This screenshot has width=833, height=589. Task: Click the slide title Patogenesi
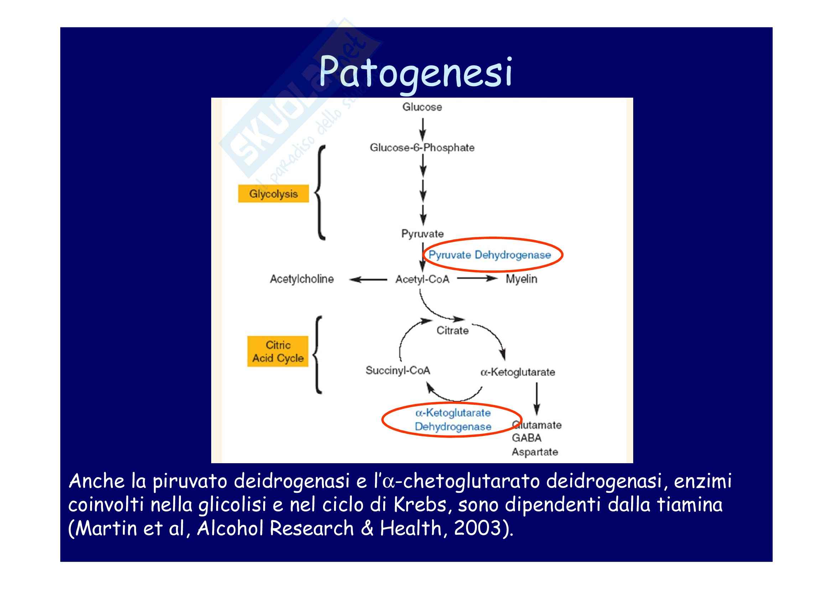click(x=415, y=73)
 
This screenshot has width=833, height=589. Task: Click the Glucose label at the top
click(x=422, y=107)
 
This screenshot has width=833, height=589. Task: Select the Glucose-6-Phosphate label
click(x=422, y=148)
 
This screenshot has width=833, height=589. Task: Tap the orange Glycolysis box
click(x=273, y=194)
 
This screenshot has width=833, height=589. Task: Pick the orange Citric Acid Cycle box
click(x=278, y=351)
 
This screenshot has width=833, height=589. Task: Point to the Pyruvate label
click(x=422, y=234)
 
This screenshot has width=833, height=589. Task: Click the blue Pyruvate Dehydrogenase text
click(x=489, y=255)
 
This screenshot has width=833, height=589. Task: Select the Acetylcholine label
click(x=302, y=279)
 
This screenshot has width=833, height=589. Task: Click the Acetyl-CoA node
click(x=422, y=279)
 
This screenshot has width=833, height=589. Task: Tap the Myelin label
click(x=521, y=279)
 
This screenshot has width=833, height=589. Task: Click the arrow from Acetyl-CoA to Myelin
click(x=477, y=279)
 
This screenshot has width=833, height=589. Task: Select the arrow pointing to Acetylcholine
click(x=368, y=279)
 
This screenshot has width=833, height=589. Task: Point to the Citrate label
click(x=452, y=331)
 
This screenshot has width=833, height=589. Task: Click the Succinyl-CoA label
click(x=398, y=371)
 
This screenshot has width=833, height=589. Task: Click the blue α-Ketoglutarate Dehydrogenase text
click(x=453, y=420)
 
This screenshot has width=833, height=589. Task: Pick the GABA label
click(x=526, y=438)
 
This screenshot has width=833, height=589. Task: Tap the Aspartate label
click(x=535, y=452)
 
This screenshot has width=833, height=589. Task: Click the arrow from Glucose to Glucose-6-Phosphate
click(x=422, y=129)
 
